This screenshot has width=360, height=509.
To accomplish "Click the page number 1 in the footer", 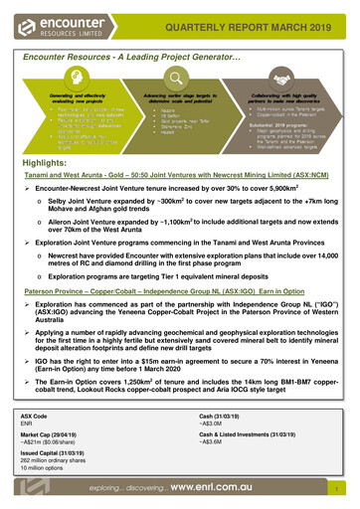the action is click(340, 491).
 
